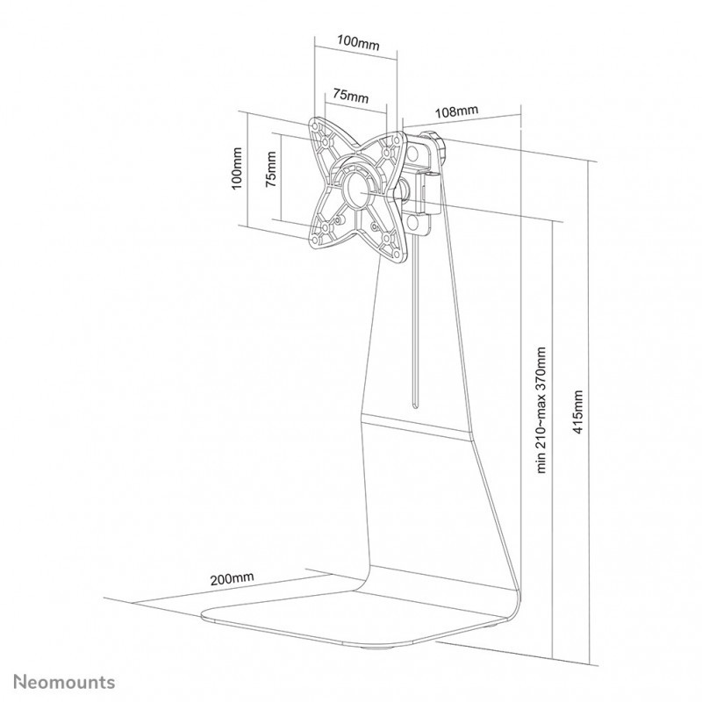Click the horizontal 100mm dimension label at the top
click(x=358, y=43)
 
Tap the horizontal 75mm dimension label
click(x=350, y=96)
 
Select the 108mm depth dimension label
click(x=456, y=111)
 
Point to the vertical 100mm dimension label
click(x=236, y=168)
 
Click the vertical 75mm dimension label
click(x=271, y=169)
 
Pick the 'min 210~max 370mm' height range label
click(x=541, y=410)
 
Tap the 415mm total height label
click(x=578, y=412)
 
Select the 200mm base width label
click(x=232, y=578)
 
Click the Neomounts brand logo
click(x=64, y=683)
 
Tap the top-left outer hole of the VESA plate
click(x=315, y=122)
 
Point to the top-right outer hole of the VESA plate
click(x=397, y=140)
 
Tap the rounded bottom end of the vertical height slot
click(x=415, y=405)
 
